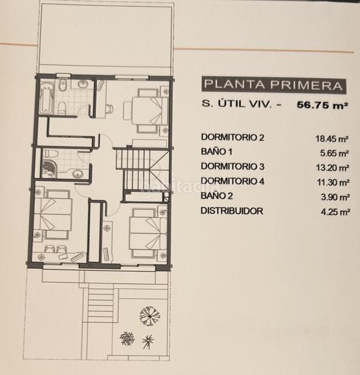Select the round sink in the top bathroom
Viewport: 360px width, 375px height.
point(82,84)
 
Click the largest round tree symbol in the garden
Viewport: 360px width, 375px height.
point(149,316)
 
